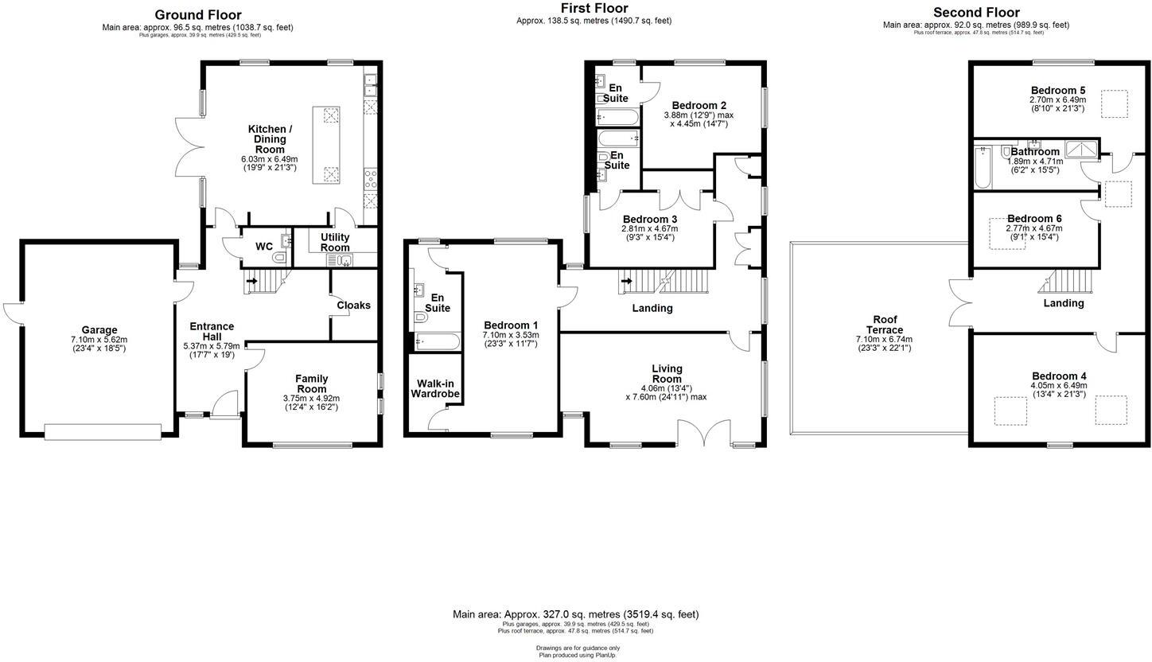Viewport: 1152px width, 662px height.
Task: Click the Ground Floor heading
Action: pos(197,14)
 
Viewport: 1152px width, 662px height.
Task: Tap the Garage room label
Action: pos(99,330)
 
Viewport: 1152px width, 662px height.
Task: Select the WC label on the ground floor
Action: pos(264,247)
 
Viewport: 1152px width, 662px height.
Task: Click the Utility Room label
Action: pos(335,243)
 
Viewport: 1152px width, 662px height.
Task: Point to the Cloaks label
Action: pos(353,306)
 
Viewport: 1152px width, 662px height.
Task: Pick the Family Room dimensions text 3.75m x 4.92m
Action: pos(311,399)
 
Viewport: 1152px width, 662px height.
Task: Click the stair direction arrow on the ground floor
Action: pos(252,280)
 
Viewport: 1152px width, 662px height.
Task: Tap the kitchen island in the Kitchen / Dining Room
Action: pos(330,145)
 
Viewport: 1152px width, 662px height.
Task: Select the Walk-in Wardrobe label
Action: pos(435,388)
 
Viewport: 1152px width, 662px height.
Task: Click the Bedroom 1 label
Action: pos(511,325)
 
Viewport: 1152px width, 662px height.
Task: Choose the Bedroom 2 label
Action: pos(699,105)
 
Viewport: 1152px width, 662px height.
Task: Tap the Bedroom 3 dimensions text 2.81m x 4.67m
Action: pos(650,229)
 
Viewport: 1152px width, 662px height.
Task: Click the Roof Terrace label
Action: pos(885,325)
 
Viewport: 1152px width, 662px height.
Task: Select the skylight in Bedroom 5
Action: pos(1114,104)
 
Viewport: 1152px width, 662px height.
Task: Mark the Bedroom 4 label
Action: pos(1059,376)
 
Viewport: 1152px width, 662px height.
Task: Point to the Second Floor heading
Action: pos(975,13)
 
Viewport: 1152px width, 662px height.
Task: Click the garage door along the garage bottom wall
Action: pos(103,432)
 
